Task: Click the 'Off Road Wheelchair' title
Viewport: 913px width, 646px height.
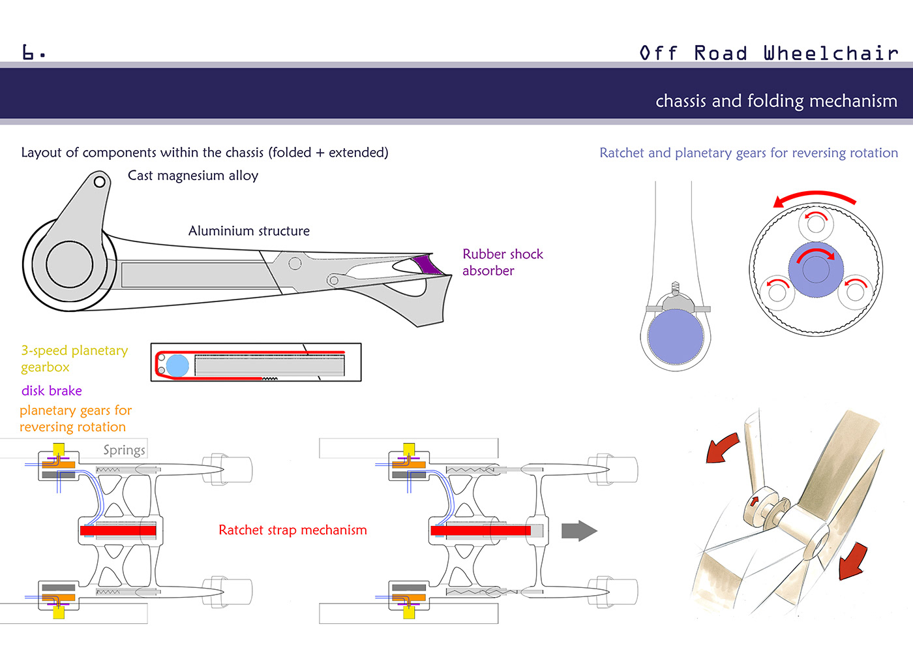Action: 769,53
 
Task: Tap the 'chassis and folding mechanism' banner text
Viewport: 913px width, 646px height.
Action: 776,100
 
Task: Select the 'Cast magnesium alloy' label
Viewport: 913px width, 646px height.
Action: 193,176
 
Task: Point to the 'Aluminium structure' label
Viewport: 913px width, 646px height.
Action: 249,231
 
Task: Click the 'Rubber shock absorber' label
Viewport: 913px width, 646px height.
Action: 502,262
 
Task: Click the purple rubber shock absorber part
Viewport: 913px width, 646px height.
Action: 427,264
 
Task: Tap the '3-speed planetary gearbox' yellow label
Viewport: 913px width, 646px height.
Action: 74,359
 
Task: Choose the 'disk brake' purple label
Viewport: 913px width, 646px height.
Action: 52,391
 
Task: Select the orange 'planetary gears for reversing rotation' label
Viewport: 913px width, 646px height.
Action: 75,418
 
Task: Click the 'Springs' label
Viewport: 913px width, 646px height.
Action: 124,450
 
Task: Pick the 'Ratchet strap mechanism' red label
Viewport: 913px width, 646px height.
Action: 293,530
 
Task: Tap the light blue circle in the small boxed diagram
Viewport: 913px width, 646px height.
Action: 177,365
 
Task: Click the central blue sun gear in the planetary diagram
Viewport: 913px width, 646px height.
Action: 816,269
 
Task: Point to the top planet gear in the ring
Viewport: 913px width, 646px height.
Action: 816,224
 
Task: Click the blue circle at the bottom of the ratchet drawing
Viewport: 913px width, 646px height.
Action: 676,337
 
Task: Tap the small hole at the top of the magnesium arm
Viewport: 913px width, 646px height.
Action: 100,181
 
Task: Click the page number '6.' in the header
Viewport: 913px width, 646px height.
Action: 33,52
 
